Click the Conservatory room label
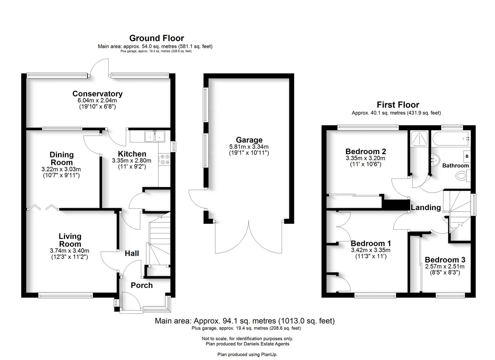tap(97, 94)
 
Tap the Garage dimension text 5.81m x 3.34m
tap(249, 147)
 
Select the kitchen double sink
tap(155, 137)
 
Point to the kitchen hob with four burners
tap(164, 159)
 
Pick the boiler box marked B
tap(467, 156)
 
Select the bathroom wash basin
tap(435, 160)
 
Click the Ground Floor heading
tap(156, 38)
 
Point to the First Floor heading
tap(398, 105)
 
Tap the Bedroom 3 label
tap(445, 260)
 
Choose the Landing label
tap(426, 207)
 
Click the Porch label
tap(142, 285)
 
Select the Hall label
tap(132, 253)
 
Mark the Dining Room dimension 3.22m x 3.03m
tap(61, 169)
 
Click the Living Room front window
tap(65, 295)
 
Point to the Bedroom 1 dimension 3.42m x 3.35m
tap(370, 250)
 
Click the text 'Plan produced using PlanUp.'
tap(247, 354)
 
